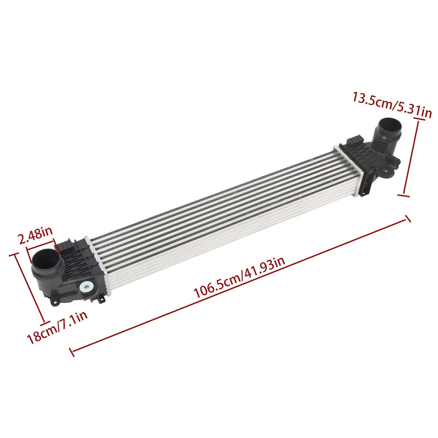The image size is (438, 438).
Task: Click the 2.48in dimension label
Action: (35, 235)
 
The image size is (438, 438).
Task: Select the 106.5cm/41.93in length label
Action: (240, 278)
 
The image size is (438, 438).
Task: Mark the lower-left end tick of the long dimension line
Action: (72, 352)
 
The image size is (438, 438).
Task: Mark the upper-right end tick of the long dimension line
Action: (408, 219)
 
